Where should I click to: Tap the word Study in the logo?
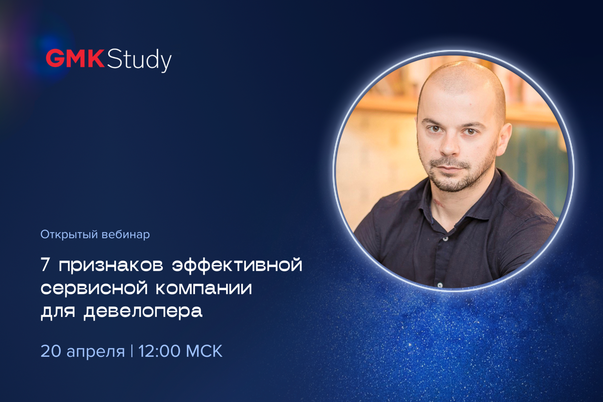(139, 60)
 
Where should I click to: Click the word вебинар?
(126, 234)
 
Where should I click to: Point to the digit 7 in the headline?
(45, 265)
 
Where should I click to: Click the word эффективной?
(237, 265)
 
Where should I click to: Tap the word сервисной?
(94, 288)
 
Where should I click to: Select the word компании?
(204, 288)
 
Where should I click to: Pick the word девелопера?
(143, 312)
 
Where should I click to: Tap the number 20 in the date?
(51, 351)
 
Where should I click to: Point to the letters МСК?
(204, 351)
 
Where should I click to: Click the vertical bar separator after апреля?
(132, 351)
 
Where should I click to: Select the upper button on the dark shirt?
(446, 239)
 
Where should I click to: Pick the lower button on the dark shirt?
(440, 285)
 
